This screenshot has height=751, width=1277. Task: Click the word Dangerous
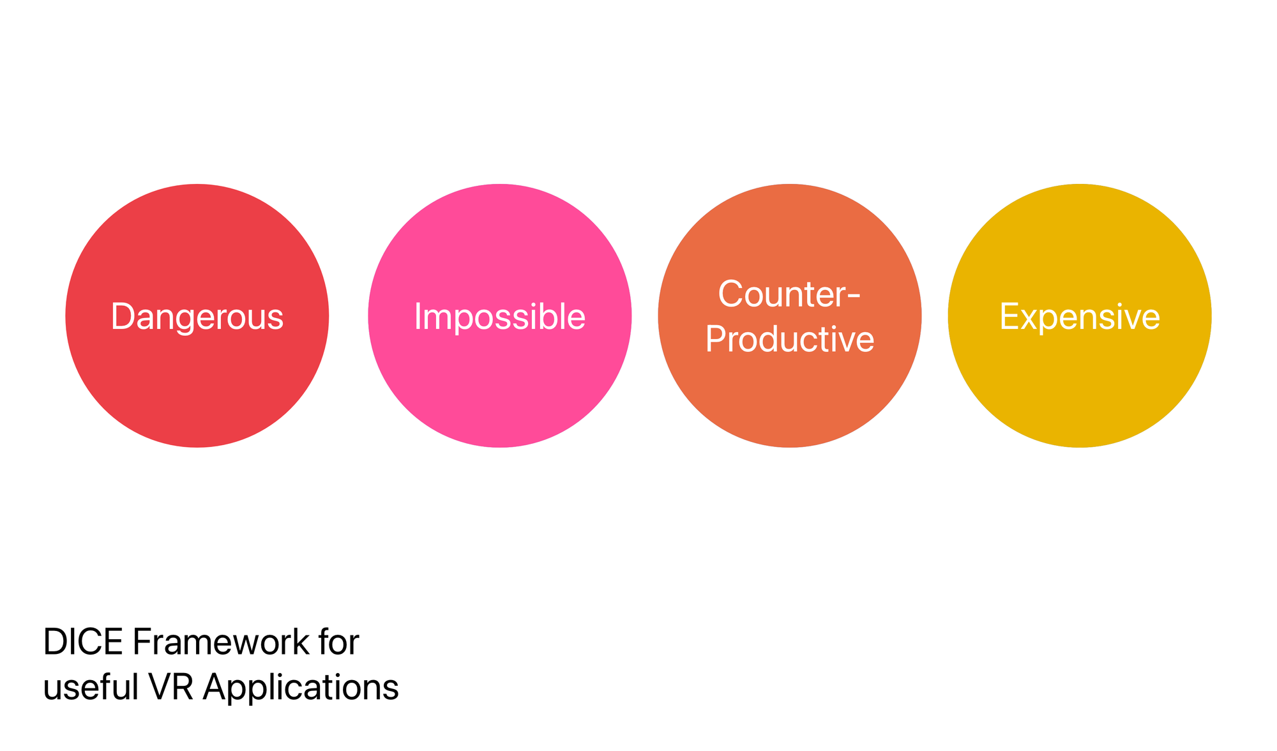tap(197, 317)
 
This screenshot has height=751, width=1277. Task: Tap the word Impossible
tap(500, 317)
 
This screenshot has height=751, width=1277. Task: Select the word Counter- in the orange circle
tap(790, 294)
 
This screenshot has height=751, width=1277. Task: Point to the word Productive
tap(790, 338)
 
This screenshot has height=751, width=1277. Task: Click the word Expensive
tap(1080, 317)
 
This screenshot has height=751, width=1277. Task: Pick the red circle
tap(197, 315)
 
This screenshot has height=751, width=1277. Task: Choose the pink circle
tap(500, 315)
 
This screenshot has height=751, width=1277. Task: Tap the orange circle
tap(790, 315)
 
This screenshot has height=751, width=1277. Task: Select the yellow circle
tap(1080, 315)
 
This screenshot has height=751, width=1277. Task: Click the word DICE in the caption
tap(83, 642)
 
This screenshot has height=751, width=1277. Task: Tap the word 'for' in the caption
tap(338, 642)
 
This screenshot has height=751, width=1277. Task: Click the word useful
tap(91, 688)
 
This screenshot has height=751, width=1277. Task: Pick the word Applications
tap(301, 688)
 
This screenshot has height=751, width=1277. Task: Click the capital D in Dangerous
tap(123, 317)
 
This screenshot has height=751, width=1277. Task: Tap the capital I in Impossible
tap(418, 317)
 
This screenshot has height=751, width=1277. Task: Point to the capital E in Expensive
tap(1009, 317)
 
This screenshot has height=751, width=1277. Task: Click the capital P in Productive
tap(716, 338)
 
